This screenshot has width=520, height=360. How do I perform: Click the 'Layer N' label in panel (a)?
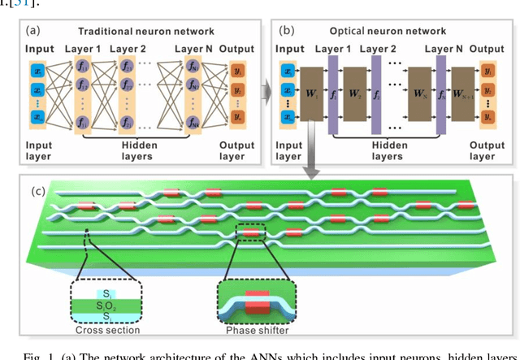click(193, 50)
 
